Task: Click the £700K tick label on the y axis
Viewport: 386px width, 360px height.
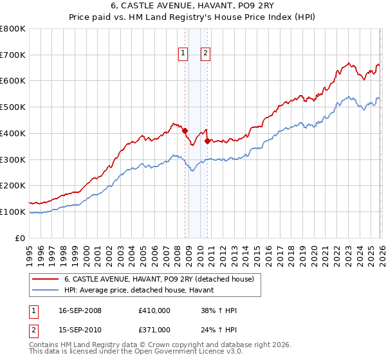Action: [x=13, y=55]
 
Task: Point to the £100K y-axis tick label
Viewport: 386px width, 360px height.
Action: [x=13, y=212]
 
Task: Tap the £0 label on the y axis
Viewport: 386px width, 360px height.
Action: [x=20, y=238]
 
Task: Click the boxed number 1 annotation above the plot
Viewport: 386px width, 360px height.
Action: [x=183, y=54]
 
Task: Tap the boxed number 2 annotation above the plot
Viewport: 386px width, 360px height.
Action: [x=205, y=54]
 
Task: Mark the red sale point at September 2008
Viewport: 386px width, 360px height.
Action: [x=185, y=130]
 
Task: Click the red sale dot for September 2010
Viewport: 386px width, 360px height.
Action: [x=207, y=141]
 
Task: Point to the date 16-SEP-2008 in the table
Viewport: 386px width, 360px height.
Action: [x=79, y=310]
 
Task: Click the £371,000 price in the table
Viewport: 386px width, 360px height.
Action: [x=154, y=329]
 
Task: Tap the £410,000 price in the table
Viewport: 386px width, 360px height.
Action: [x=154, y=310]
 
